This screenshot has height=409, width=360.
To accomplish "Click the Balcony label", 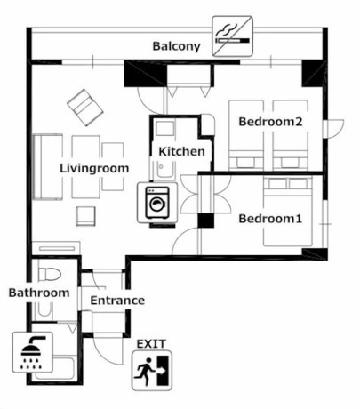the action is [x=176, y=46].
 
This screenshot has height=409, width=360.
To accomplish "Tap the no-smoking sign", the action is [x=232, y=36].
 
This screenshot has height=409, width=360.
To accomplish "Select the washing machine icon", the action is [x=157, y=203].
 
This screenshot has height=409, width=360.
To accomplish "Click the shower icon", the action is [x=32, y=352].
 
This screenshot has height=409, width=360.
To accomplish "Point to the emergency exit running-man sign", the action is [x=152, y=371].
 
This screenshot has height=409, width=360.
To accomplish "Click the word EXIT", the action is [x=151, y=344].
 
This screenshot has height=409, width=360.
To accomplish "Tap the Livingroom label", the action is [x=94, y=168].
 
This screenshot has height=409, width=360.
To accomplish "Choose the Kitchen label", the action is [x=181, y=151].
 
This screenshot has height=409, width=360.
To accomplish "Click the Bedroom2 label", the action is [x=270, y=122].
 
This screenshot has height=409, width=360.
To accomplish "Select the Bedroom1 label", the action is [x=270, y=219].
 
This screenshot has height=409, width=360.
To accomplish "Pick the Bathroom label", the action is [x=39, y=293].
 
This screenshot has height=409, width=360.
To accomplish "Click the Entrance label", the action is [x=117, y=301].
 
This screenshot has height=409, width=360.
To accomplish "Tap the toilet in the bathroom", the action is [x=50, y=274].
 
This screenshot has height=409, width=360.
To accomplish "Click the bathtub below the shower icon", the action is [x=55, y=367].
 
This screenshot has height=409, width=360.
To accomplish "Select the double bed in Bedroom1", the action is [x=288, y=212].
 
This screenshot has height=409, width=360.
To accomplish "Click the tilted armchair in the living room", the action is [x=85, y=108].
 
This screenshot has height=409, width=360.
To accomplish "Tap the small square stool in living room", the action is [x=85, y=216].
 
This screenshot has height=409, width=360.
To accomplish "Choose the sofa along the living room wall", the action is [x=48, y=167].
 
